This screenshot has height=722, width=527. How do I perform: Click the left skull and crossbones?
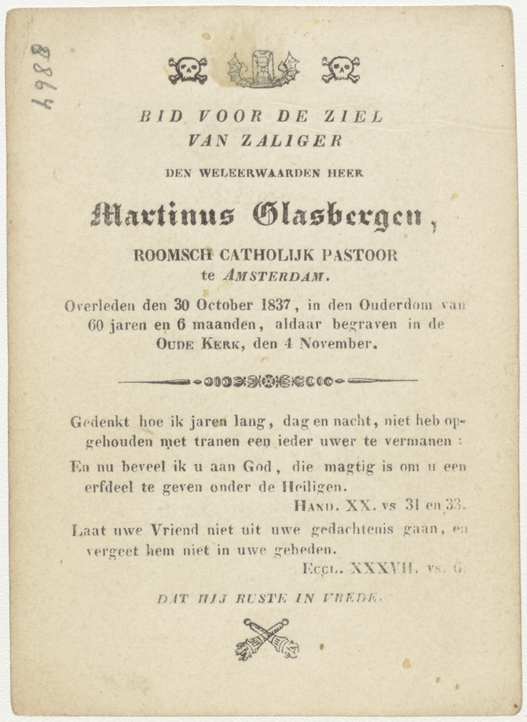(188, 70)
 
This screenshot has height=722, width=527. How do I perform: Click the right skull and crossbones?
(340, 70)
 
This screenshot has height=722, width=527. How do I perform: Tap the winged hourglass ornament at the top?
(263, 69)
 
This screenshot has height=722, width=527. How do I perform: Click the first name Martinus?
(162, 215)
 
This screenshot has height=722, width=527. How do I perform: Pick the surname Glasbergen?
(337, 216)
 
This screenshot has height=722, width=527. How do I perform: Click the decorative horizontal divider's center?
(268, 381)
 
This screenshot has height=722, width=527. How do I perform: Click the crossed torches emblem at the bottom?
(267, 639)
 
